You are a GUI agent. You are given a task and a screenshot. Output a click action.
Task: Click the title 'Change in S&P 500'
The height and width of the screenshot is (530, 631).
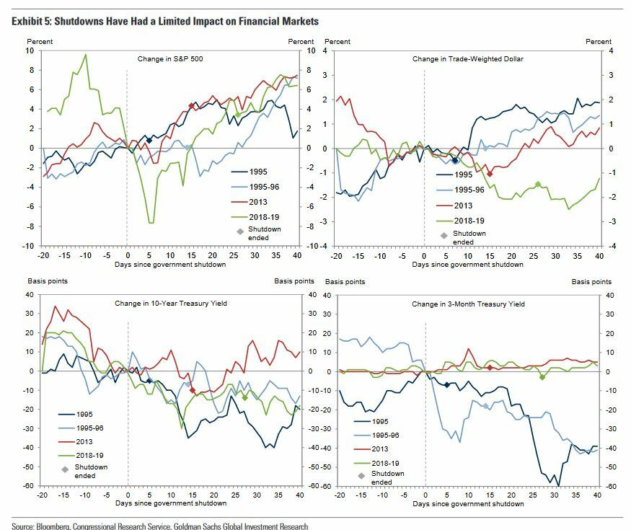[x=169, y=58]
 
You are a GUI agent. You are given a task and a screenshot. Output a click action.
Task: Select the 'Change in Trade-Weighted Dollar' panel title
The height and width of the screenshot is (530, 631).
[x=467, y=58]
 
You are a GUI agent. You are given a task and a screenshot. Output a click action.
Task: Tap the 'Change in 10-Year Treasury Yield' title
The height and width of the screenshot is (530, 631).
[x=171, y=304]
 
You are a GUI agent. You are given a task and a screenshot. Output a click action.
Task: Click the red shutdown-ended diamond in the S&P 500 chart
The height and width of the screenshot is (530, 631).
[x=191, y=106]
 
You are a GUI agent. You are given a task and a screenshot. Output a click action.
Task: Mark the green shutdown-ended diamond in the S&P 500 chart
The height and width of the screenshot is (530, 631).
[x=239, y=115]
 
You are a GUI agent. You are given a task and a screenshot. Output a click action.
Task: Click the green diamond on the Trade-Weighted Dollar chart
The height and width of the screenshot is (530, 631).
[x=537, y=185]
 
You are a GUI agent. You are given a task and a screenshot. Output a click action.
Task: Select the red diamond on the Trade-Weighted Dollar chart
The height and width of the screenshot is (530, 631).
[x=490, y=174]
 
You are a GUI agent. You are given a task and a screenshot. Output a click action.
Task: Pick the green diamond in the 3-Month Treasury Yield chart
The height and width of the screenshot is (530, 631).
[x=542, y=376]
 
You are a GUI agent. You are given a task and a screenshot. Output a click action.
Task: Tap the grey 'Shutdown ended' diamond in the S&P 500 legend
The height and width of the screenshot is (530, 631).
[x=242, y=231]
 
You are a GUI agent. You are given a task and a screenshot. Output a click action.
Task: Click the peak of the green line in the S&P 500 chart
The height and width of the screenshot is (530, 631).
[x=86, y=54]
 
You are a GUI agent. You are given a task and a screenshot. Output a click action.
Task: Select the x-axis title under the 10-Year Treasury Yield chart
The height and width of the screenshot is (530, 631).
[x=170, y=495]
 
